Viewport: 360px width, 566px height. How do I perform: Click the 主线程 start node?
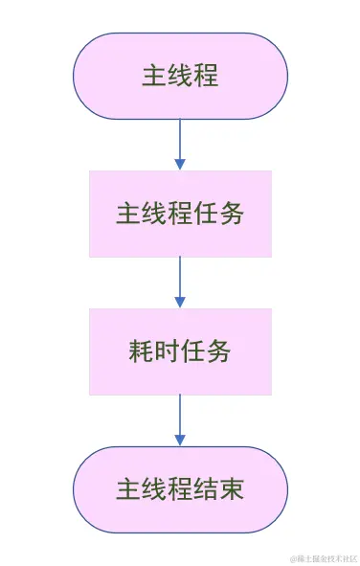[x=180, y=76]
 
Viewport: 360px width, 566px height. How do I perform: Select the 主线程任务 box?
[x=180, y=214]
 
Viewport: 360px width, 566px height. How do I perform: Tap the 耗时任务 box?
[x=180, y=351]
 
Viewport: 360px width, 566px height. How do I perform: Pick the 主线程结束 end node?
[x=180, y=489]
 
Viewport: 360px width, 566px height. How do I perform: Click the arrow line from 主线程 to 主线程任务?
[x=180, y=140]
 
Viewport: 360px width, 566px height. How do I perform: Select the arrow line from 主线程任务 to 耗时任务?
[x=180, y=278]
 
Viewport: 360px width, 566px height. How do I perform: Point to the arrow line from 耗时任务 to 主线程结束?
[x=180, y=416]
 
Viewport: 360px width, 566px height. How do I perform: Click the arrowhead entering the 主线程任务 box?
[x=180, y=165]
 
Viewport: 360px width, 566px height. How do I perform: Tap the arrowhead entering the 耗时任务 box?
[x=180, y=303]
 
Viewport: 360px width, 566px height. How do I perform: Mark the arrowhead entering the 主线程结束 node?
[x=180, y=441]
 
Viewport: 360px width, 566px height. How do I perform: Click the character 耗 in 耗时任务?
[x=141, y=351]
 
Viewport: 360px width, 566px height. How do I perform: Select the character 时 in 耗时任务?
[x=167, y=351]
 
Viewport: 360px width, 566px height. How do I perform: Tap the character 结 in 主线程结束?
[x=206, y=489]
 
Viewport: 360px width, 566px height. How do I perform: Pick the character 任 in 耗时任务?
[x=192, y=351]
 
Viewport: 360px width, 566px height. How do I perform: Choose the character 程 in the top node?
[x=206, y=76]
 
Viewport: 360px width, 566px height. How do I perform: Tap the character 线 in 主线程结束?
[x=154, y=489]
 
